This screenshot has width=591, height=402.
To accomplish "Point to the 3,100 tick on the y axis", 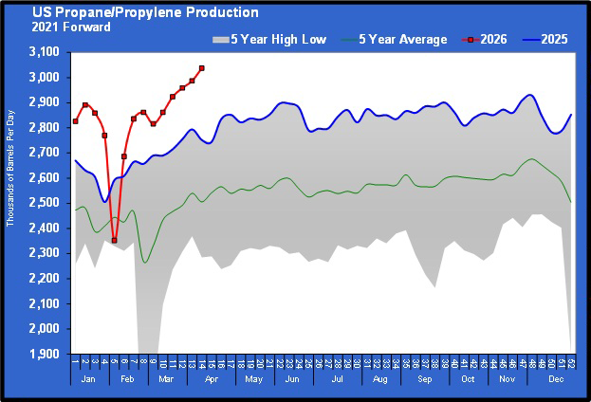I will (47, 51).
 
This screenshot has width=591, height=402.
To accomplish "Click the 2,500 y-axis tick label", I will (47, 203).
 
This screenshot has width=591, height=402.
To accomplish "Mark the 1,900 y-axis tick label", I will (47, 355).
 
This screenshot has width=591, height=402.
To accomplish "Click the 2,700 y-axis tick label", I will (47, 153).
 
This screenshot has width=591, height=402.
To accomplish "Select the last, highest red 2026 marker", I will (201, 68).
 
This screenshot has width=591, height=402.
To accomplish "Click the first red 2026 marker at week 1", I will (75, 121).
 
